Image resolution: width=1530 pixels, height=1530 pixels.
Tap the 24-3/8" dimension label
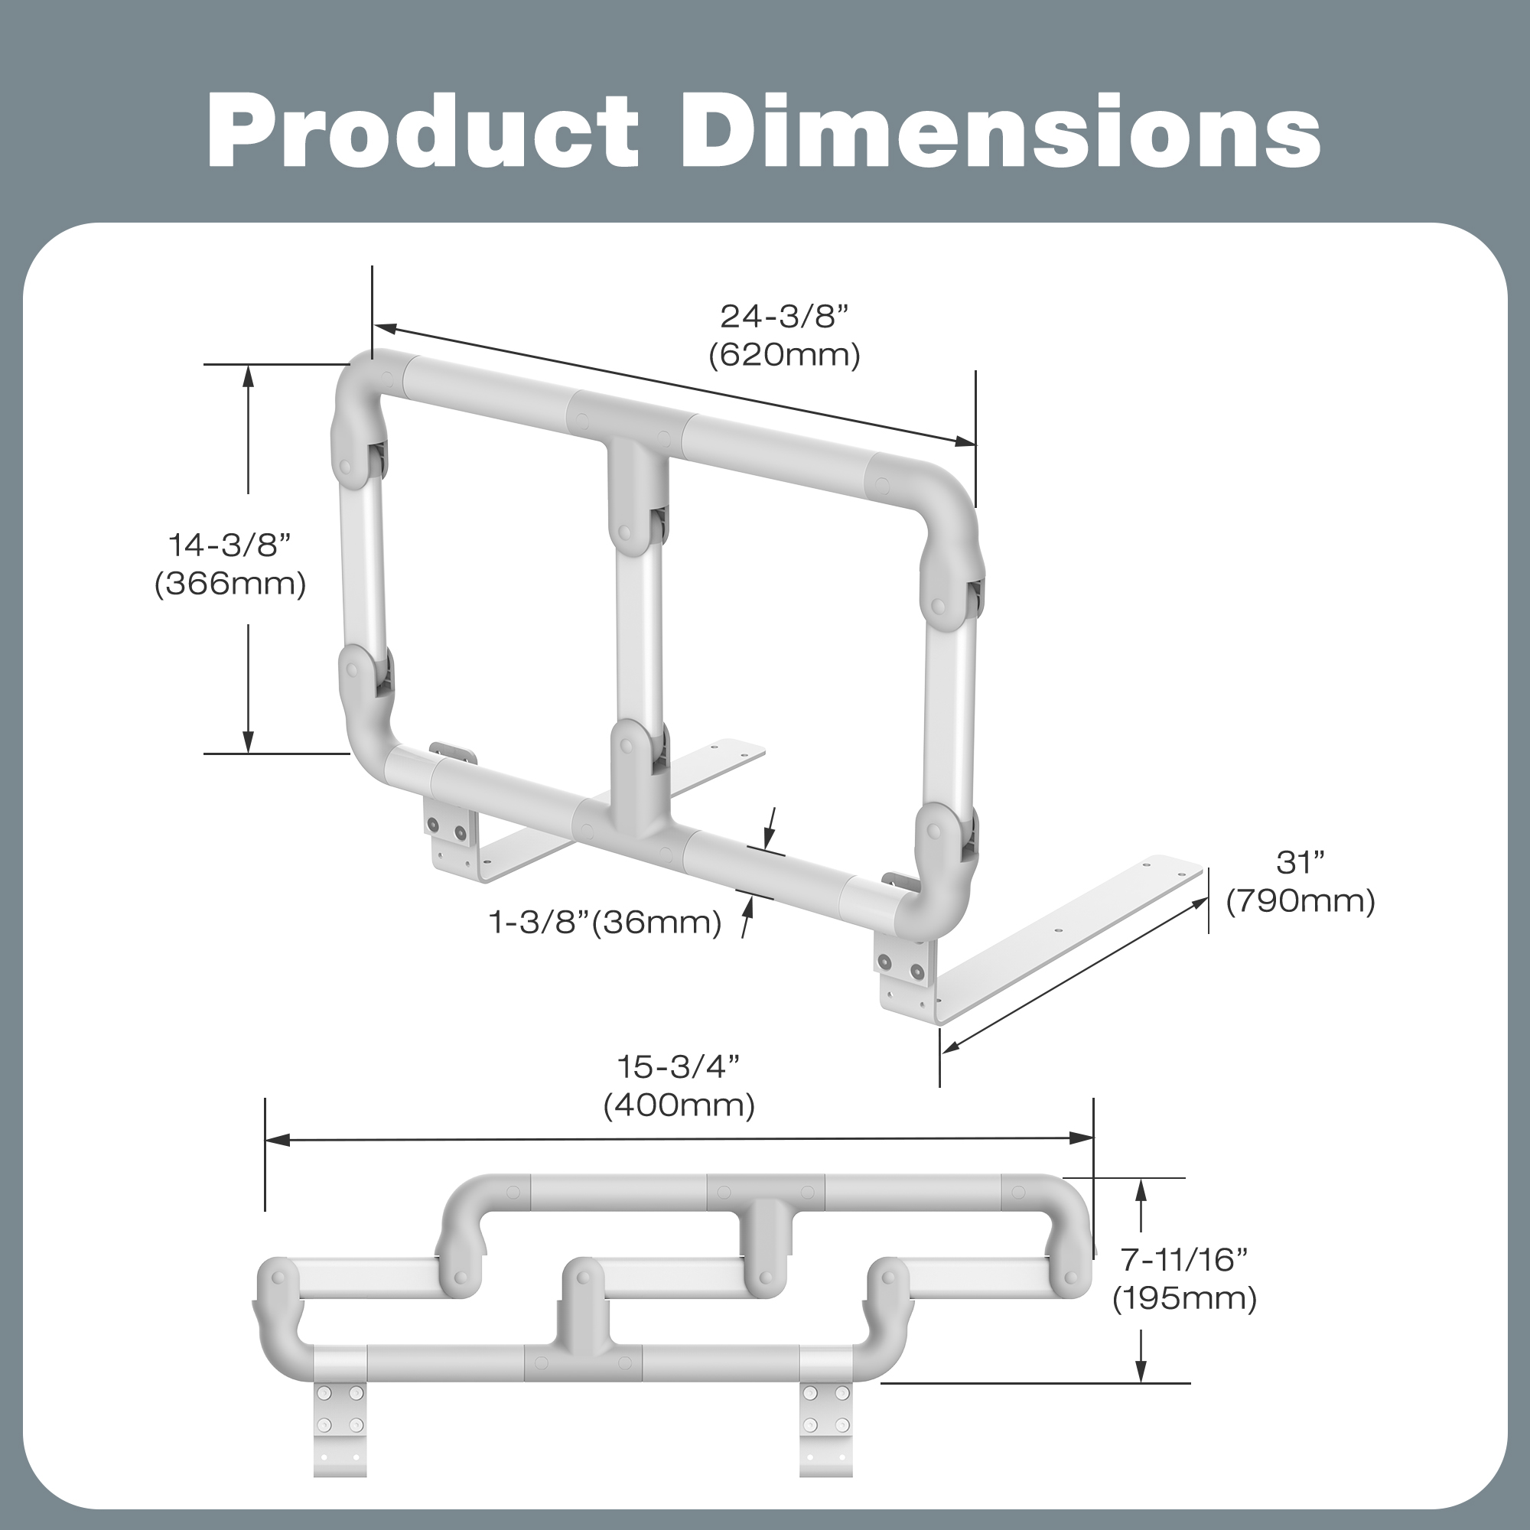784,317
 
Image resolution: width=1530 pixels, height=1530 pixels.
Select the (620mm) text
784,355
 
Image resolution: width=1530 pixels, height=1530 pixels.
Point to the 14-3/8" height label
229,545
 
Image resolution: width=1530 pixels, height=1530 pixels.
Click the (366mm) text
229,584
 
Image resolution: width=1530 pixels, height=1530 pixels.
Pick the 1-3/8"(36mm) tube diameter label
606,922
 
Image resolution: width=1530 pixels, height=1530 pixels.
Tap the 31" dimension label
1300,862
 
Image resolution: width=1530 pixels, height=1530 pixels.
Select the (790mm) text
1300,901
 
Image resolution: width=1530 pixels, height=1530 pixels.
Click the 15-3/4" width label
679,1066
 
